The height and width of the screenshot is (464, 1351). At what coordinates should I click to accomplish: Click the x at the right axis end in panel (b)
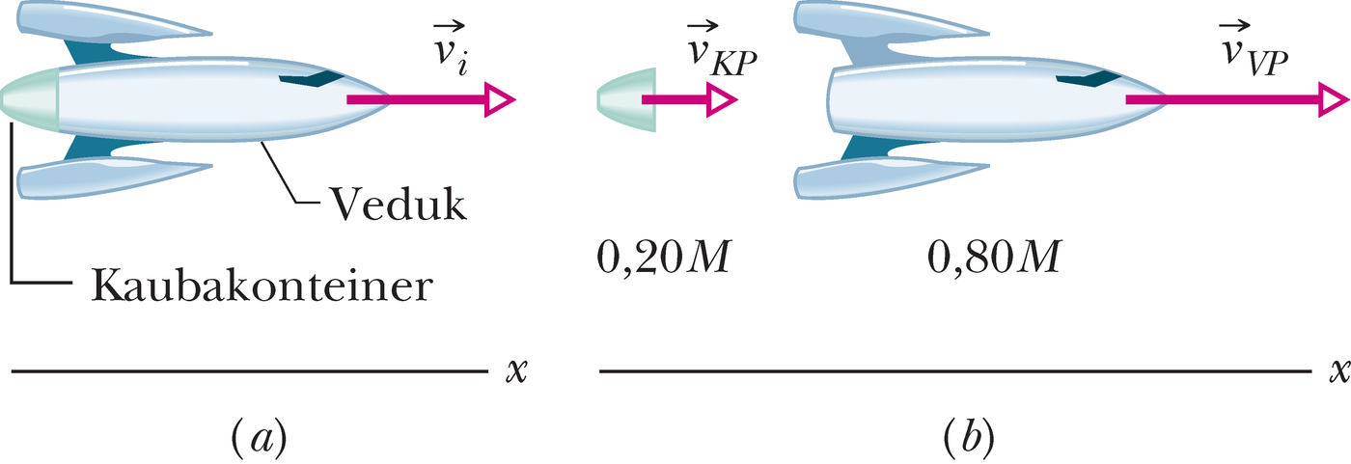1339,371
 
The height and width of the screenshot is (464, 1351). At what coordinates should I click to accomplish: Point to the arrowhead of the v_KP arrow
721,99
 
